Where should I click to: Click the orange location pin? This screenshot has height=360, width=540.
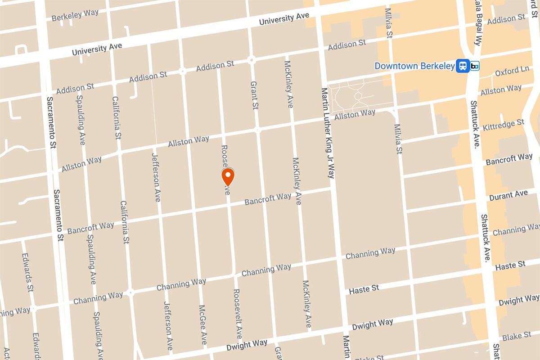[228, 177]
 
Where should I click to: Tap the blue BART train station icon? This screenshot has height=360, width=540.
[462, 66]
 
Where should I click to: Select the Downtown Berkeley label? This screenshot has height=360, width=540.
[414, 66]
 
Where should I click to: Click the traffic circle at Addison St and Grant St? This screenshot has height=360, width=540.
[252, 59]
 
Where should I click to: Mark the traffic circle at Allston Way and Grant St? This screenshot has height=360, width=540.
[258, 130]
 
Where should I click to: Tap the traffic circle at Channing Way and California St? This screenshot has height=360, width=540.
[130, 292]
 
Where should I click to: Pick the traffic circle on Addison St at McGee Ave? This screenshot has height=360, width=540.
[183, 71]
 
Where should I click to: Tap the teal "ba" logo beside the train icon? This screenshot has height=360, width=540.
[475, 66]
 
